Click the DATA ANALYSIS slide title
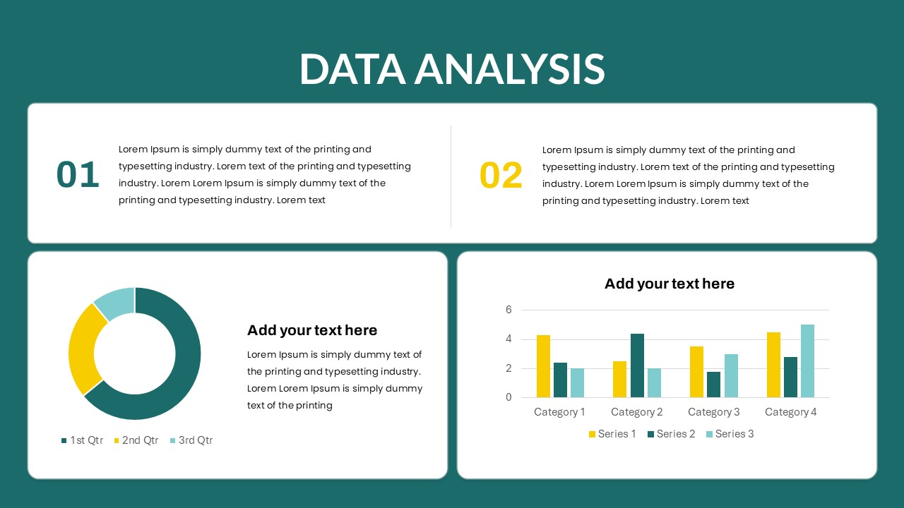[452, 69]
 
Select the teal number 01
[78, 174]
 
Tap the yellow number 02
[501, 175]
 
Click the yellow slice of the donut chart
[82, 349]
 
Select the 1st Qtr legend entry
[82, 440]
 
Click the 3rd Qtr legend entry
[191, 440]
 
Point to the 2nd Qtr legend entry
[136, 440]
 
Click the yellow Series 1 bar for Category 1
[543, 366]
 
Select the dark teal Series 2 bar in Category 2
[637, 365]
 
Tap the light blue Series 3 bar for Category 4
[807, 361]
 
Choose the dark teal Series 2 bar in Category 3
[713, 385]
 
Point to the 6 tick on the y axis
[509, 310]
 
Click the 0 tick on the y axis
[509, 397]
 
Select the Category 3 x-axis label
[713, 412]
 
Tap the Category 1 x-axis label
[559, 412]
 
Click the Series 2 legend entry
[671, 434]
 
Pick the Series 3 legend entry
[730, 434]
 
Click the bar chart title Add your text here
[670, 284]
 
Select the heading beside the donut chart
[312, 330]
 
